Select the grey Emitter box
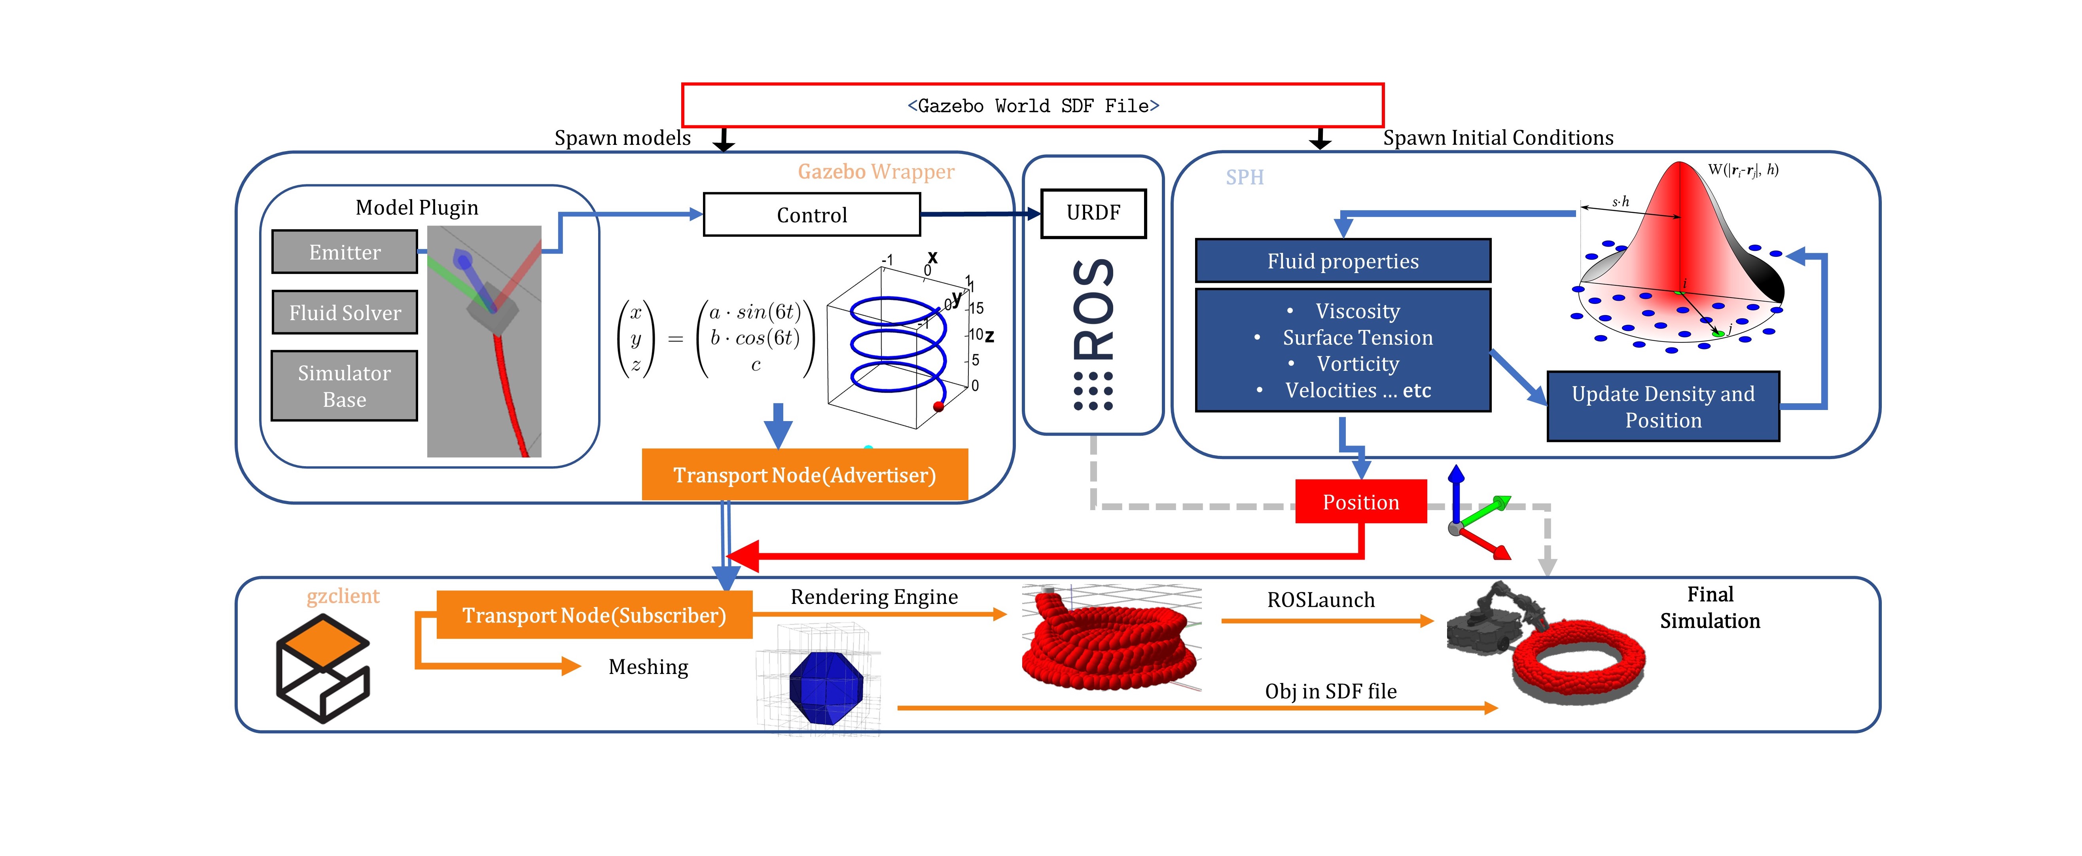tap(344, 252)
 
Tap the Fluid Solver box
tap(344, 313)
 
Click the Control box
tap(811, 215)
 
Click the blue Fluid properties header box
tap(1343, 261)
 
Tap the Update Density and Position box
tap(1663, 406)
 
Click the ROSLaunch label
tap(1320, 600)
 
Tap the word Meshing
tap(648, 667)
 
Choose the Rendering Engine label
tap(874, 596)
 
